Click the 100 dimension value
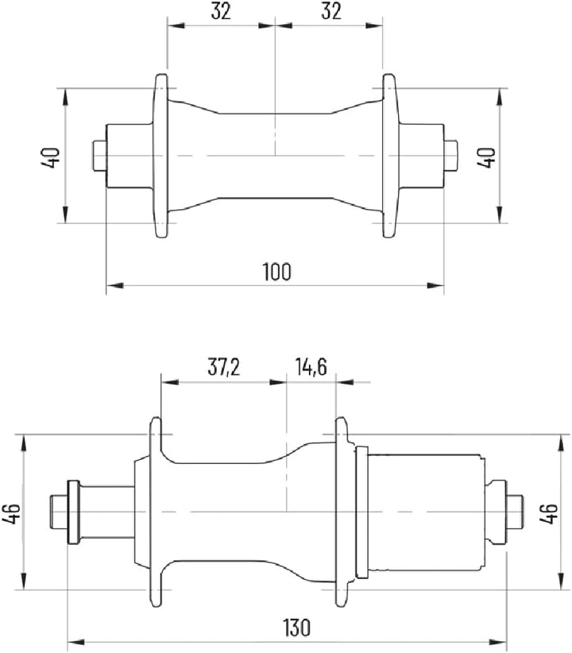click(277, 272)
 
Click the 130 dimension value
click(297, 628)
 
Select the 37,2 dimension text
click(224, 367)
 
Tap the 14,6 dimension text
click(311, 366)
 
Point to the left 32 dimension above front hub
click(221, 11)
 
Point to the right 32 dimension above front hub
click(331, 11)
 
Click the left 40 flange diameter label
click(51, 157)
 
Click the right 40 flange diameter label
click(486, 157)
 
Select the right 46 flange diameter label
click(549, 513)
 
